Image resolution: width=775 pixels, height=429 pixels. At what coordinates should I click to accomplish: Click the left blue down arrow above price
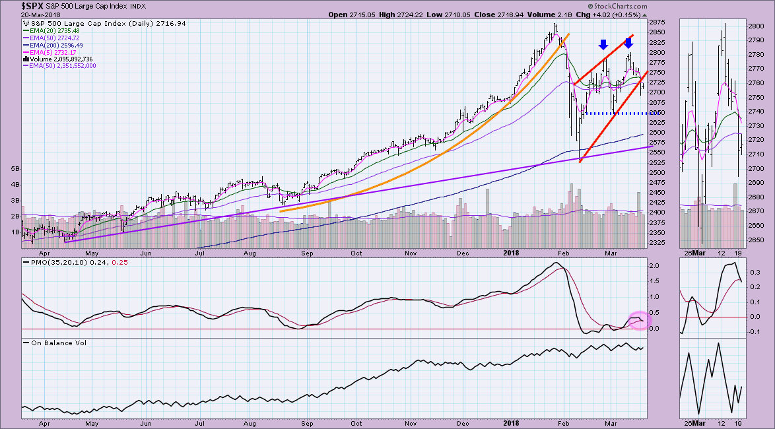tap(603, 44)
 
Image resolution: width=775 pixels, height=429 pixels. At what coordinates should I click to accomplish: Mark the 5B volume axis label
tap(15, 168)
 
